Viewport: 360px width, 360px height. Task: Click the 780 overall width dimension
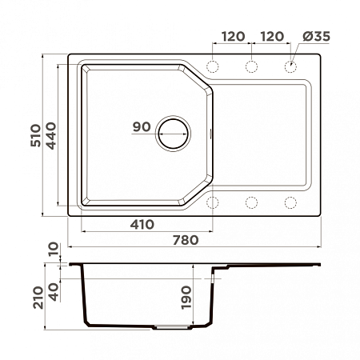(186, 240)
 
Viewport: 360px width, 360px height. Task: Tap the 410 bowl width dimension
(142, 225)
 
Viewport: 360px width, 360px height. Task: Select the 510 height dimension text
(36, 135)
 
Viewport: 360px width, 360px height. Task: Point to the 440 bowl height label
(50, 135)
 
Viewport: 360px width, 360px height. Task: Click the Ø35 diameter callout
(316, 36)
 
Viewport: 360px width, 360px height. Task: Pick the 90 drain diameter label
(142, 127)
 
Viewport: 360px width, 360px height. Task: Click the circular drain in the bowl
(173, 134)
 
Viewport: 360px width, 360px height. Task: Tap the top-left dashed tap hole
(213, 66)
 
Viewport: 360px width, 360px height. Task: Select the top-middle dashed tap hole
(251, 66)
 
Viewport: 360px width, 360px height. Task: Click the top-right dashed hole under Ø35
(290, 66)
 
